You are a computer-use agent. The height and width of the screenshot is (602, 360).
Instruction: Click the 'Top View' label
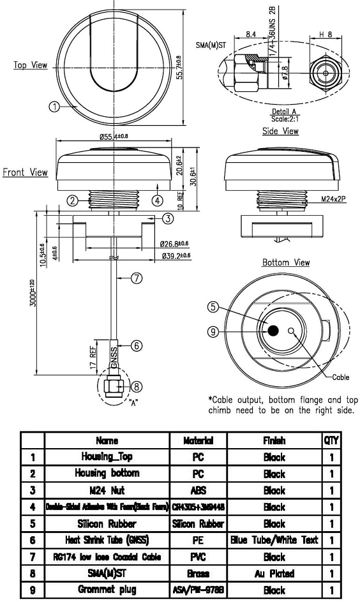pos(31,65)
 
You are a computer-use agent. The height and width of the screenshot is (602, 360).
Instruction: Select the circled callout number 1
pos(55,107)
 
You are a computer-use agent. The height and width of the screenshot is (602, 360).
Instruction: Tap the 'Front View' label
pos(25,172)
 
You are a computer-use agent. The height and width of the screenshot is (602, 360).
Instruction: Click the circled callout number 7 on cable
pos(135,278)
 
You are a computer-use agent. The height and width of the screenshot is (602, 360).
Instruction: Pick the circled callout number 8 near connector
pos(135,386)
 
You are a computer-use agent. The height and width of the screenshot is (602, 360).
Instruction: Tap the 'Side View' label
pos(280,131)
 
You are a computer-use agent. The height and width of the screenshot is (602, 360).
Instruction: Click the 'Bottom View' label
pos(286,262)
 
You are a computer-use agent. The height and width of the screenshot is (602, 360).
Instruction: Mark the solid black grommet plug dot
pos(273,331)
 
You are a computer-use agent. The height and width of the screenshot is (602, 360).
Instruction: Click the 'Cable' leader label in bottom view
pos(341,377)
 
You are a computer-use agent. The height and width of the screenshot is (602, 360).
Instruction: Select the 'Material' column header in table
pos(198,440)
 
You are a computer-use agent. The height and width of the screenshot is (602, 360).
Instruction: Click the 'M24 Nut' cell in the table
pos(107,490)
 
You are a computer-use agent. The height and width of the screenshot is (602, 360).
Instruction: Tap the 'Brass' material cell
pos(198,573)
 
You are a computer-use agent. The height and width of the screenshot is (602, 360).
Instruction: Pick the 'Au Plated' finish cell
pos(274,573)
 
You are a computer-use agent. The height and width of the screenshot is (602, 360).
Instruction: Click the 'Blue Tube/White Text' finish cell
pos(274,540)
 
